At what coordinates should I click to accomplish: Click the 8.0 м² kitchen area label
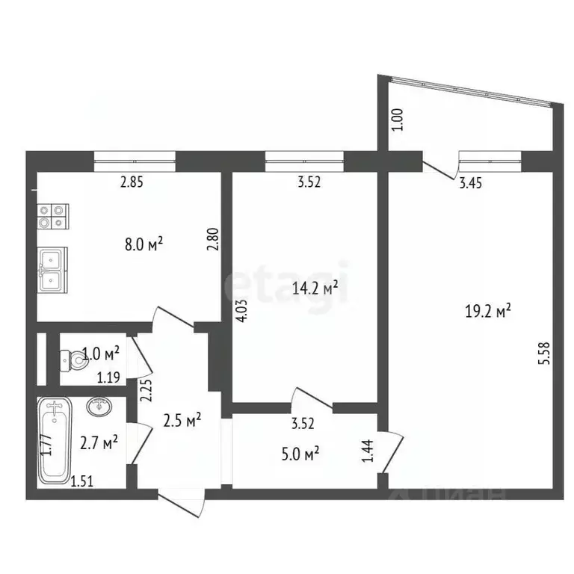pyautogui.click(x=144, y=243)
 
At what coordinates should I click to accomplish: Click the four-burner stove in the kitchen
pyautogui.click(x=53, y=216)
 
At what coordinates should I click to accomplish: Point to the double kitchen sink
pyautogui.click(x=53, y=270)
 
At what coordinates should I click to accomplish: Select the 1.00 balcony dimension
pyautogui.click(x=398, y=120)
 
